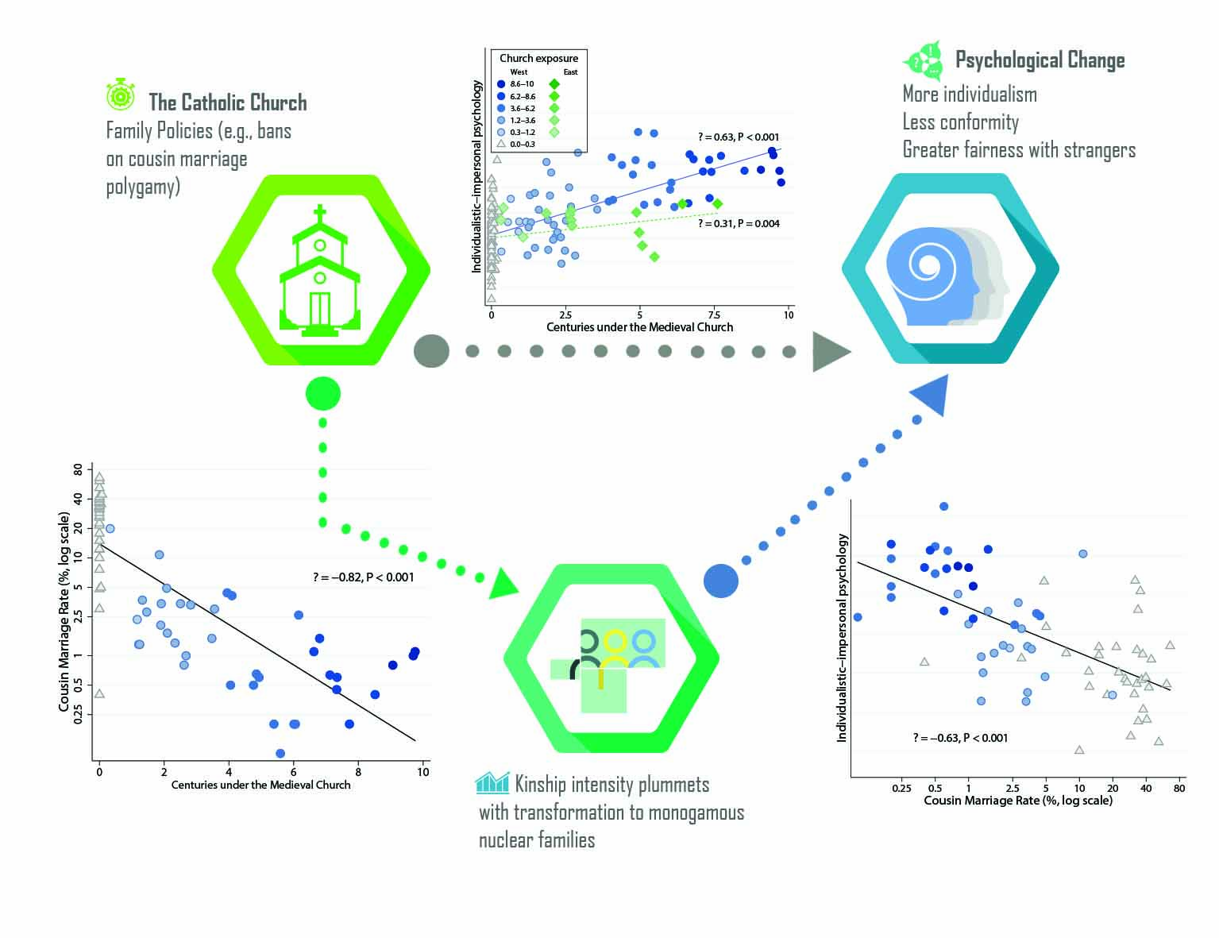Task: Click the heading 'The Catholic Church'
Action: tap(227, 102)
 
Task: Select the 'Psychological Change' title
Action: tap(1040, 60)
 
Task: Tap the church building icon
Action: tap(320, 271)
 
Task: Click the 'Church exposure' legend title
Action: tap(538, 58)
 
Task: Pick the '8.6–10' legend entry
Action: tap(522, 83)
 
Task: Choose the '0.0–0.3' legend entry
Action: tap(522, 145)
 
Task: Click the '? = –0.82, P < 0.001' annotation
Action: tap(364, 577)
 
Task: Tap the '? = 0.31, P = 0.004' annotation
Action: tap(739, 224)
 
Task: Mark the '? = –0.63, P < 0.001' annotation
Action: tap(960, 738)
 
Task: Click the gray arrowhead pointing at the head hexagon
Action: tap(830, 352)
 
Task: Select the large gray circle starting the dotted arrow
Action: tap(431, 351)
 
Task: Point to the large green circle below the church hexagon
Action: tap(322, 393)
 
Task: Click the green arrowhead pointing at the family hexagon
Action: tap(503, 585)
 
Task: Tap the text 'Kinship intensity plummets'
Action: tap(611, 785)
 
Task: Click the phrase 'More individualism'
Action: tap(970, 95)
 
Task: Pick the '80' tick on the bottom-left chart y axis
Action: tap(78, 470)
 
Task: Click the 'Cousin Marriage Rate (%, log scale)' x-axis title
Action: tap(1017, 801)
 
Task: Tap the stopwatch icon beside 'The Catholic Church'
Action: tap(121, 95)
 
